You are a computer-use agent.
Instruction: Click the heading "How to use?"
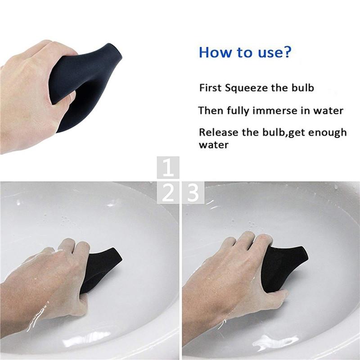pyautogui.click(x=245, y=52)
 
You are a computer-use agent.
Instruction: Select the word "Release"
pyautogui.click(x=217, y=132)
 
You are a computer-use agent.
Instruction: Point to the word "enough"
pyautogui.click(x=326, y=132)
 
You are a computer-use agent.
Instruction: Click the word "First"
pyautogui.click(x=211, y=88)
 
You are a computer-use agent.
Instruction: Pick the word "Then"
pyautogui.click(x=210, y=110)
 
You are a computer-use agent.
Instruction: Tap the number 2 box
pyautogui.click(x=168, y=193)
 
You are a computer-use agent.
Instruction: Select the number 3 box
pyautogui.click(x=193, y=193)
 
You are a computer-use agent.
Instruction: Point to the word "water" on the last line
pyautogui.click(x=214, y=145)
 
